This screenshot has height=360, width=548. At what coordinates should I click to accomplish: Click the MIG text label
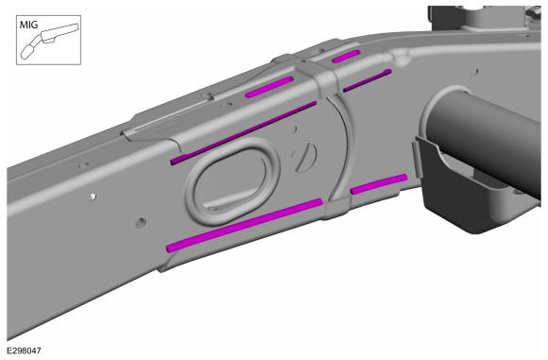(x=28, y=25)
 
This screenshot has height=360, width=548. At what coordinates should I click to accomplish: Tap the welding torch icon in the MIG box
(x=49, y=41)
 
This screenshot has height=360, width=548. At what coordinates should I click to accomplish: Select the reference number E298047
(x=24, y=351)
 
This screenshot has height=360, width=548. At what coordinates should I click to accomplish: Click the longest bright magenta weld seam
(x=244, y=226)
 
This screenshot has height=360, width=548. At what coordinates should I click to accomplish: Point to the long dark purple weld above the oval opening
(x=243, y=133)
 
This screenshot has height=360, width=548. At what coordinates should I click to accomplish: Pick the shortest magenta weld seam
(x=346, y=57)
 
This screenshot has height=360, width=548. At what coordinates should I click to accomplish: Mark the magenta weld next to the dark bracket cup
(x=379, y=184)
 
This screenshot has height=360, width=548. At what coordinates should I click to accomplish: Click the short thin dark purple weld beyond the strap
(x=368, y=80)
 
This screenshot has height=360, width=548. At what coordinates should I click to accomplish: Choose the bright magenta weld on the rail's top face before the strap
(x=269, y=87)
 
